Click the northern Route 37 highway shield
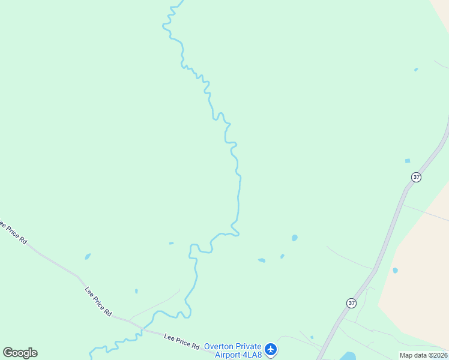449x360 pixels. [417, 177]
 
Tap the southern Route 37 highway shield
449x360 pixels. [351, 303]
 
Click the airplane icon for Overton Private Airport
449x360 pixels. [271, 349]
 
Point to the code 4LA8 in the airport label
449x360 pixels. [250, 355]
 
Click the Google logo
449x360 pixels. [20, 353]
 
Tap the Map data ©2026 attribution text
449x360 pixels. [423, 355]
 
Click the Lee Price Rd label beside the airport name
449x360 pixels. [181, 341]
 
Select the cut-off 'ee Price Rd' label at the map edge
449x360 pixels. [13, 232]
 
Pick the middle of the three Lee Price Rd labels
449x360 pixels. [98, 301]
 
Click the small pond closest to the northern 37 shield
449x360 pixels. [408, 161]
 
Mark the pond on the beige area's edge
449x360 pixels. [395, 270]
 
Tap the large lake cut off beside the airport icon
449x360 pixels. [348, 356]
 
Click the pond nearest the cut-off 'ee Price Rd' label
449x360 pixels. [88, 256]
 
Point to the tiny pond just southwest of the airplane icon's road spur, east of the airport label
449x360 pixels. [312, 337]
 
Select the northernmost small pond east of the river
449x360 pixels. [416, 70]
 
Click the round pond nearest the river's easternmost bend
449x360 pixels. [294, 238]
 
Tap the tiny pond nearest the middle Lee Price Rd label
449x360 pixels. [136, 291]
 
